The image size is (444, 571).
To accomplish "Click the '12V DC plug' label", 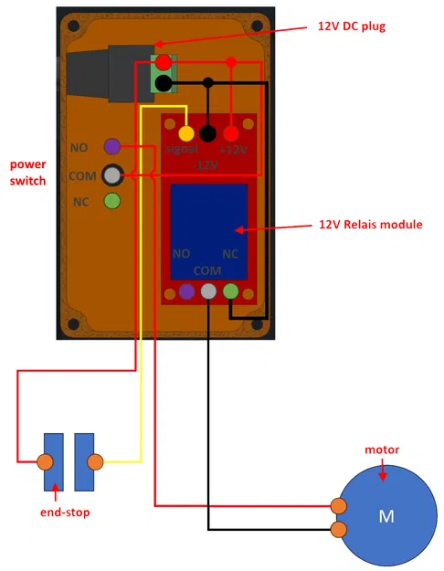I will (352, 26).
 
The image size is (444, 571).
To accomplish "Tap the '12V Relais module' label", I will (370, 224).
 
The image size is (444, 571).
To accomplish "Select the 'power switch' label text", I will (27, 173).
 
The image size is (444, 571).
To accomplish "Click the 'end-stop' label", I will (65, 512).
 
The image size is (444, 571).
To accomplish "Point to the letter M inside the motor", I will (386, 516).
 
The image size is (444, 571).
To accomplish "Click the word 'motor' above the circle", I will (382, 449).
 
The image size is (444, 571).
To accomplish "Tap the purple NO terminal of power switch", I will (112, 146).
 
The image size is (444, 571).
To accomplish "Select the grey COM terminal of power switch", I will (112, 174).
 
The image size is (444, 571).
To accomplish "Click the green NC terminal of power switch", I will (112, 201).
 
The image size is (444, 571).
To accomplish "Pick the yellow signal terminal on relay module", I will (186, 134).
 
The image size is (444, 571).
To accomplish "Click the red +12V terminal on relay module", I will (230, 134).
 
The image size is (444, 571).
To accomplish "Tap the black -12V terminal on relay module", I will (208, 134).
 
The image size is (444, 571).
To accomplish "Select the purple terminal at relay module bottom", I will (186, 291).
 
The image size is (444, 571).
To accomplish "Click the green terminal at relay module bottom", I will (230, 291).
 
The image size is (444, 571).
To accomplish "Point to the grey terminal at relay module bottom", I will (208, 291).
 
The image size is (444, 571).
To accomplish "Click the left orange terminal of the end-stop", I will (43, 460).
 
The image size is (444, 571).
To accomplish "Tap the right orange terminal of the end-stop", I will (93, 460).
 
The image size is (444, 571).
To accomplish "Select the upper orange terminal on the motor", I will (339, 506).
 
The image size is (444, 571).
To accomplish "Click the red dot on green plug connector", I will (164, 63).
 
